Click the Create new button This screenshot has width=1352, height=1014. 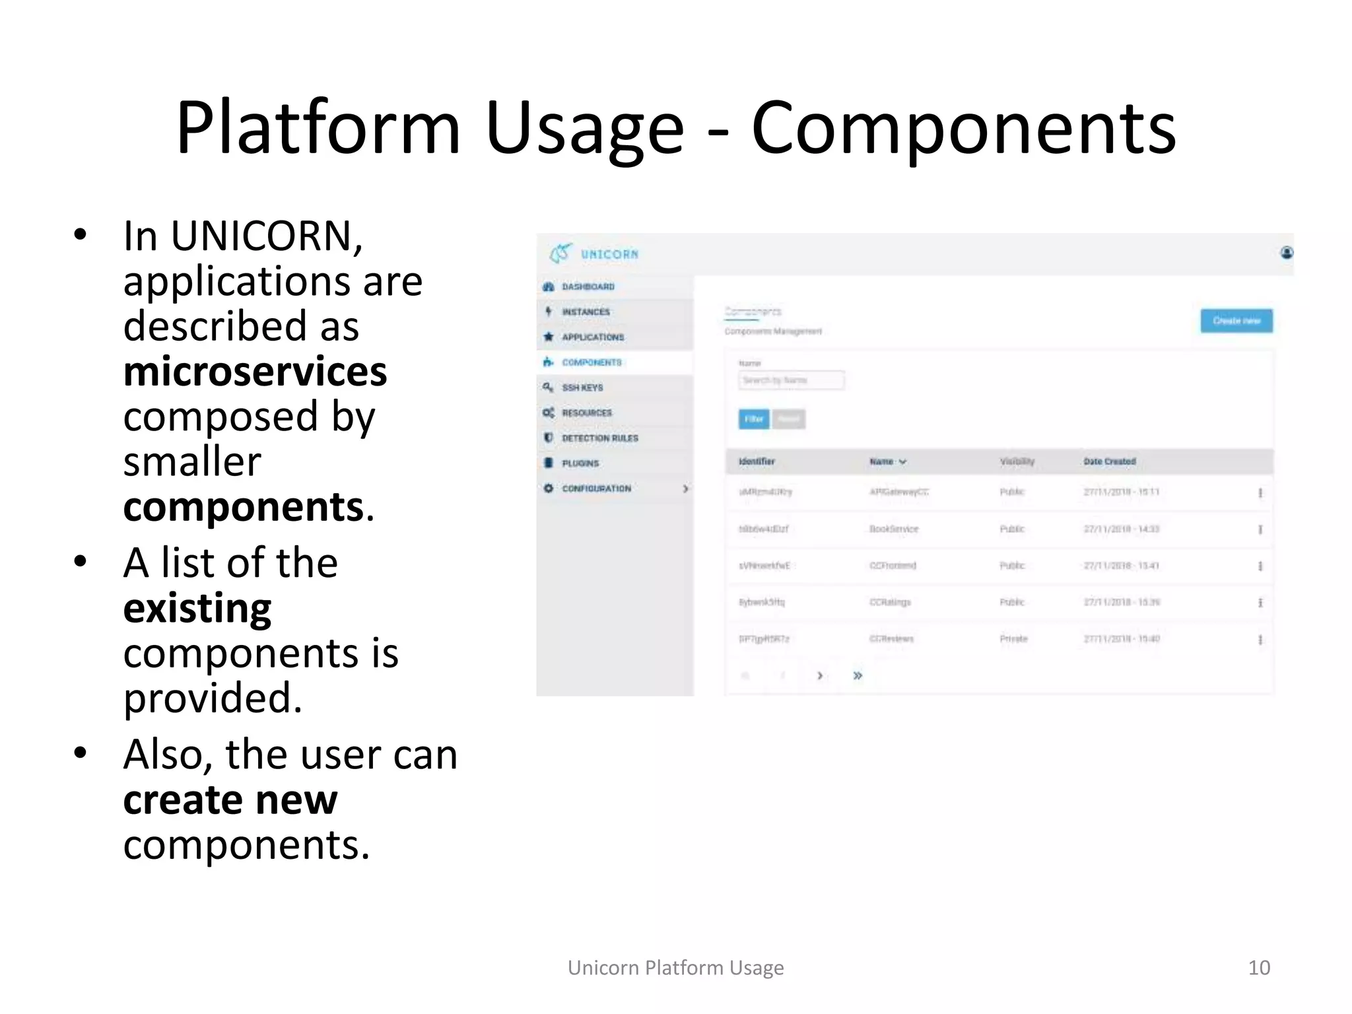[1236, 321]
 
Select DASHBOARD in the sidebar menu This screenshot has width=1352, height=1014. [588, 287]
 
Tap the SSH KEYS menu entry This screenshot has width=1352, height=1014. [582, 388]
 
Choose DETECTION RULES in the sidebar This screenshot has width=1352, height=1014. [599, 438]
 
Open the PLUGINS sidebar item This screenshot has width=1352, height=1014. [580, 463]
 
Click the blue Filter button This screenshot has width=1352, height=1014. [754, 419]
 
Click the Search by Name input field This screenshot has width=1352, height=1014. [791, 380]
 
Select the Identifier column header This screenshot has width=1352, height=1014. [757, 461]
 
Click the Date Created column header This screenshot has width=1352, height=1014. [1109, 461]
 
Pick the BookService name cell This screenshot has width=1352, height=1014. [894, 529]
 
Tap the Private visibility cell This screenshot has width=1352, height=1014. [1013, 639]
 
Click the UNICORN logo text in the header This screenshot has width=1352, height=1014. [609, 254]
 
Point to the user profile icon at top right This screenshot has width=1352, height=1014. [1286, 253]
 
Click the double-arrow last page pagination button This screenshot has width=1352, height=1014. [858, 675]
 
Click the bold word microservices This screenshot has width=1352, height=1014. [255, 372]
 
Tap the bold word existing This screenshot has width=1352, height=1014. [197, 608]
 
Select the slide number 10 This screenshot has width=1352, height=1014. [1258, 968]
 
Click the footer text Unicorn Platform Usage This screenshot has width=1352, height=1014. [675, 968]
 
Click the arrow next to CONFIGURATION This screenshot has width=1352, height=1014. [685, 489]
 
